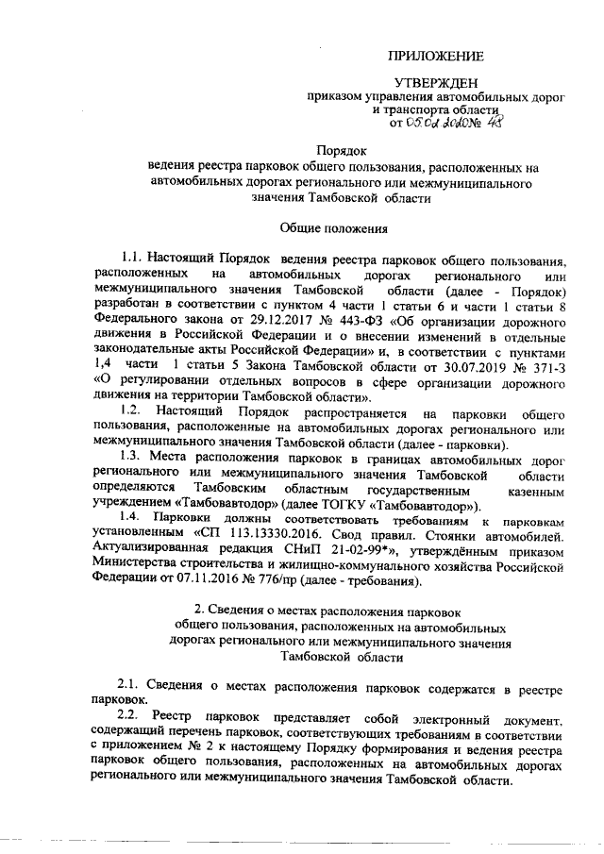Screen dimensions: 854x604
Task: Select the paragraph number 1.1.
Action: [x=131, y=258]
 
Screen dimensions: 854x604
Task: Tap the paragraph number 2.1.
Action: [x=129, y=683]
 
